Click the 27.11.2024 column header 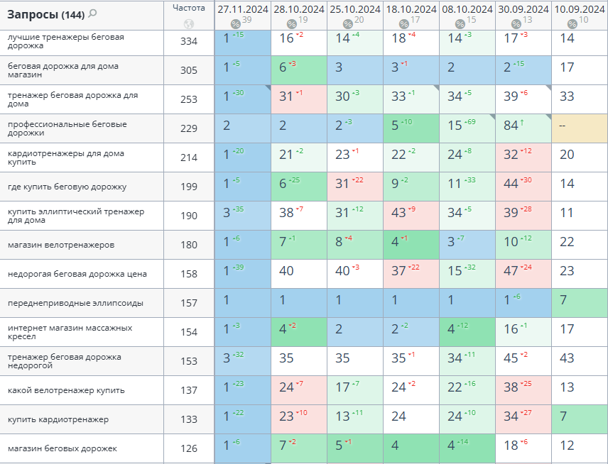tap(242, 9)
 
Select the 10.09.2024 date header tap(579, 9)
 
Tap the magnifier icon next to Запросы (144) tap(92, 13)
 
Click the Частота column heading tap(188, 8)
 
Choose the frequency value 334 tap(188, 41)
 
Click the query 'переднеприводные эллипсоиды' tap(75, 303)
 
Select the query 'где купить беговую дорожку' tap(67, 187)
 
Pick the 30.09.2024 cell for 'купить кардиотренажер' tap(523, 419)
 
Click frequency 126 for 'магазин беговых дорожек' tap(188, 448)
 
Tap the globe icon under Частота tap(188, 23)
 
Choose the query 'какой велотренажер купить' tap(66, 390)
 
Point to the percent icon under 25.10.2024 tap(348, 23)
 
